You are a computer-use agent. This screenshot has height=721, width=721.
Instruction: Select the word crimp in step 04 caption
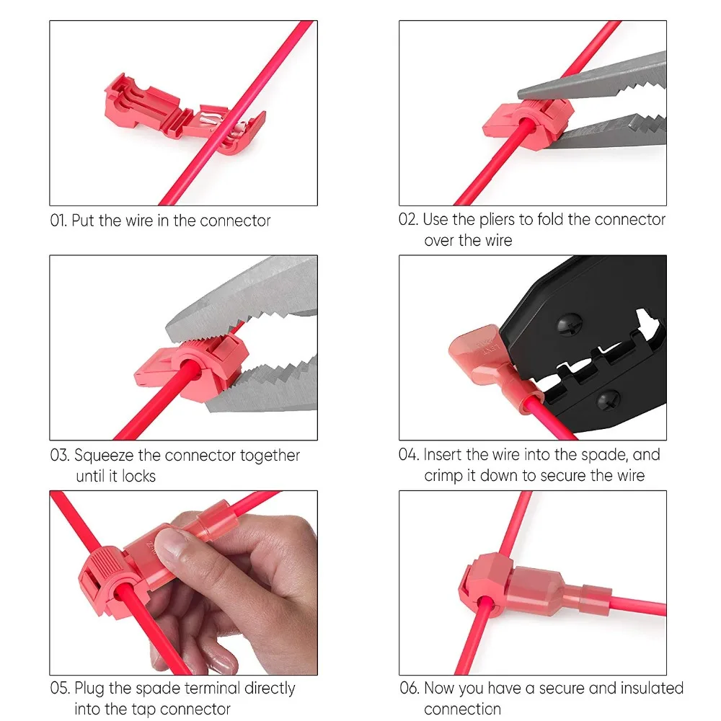(x=445, y=475)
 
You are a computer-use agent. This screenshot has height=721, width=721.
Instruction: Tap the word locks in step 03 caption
(x=138, y=476)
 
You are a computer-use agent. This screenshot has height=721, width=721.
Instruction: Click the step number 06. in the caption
(x=410, y=689)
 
